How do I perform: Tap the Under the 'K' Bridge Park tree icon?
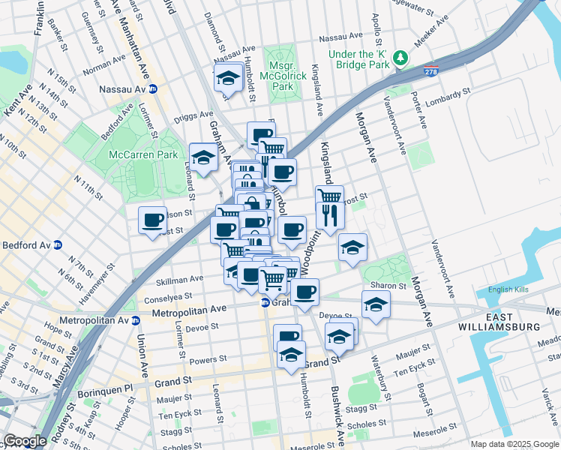pyautogui.click(x=401, y=58)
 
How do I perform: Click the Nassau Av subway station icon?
pyautogui.click(x=154, y=89)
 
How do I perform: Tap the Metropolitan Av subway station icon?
pyautogui.click(x=136, y=321)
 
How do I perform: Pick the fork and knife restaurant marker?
pyautogui.click(x=329, y=216)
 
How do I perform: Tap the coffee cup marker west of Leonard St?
pyautogui.click(x=153, y=220)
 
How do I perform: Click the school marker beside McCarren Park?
pyautogui.click(x=202, y=157)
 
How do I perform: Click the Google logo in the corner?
pyautogui.click(x=25, y=441)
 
